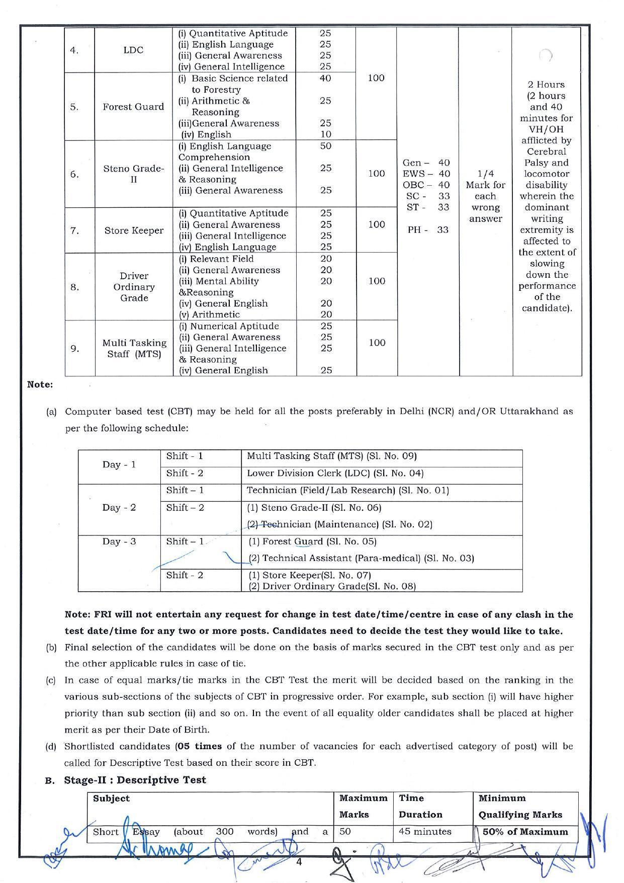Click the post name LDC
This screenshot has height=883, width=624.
[133, 50]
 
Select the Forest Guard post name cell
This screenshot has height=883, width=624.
[133, 107]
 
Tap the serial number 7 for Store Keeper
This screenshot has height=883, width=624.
[74, 230]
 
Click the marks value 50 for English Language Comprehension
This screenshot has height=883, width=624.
[326, 146]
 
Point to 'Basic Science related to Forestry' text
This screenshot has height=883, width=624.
[233, 84]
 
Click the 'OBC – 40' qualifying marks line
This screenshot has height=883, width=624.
[426, 185]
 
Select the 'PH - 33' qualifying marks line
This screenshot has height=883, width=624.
[428, 229]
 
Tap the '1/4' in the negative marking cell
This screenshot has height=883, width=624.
[485, 174]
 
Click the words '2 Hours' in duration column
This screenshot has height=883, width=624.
[546, 85]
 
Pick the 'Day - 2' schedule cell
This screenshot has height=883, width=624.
[119, 507]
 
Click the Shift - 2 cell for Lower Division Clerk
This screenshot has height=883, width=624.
[185, 473]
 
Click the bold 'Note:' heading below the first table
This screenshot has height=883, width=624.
[40, 384]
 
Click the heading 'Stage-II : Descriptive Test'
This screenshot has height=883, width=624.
[135, 780]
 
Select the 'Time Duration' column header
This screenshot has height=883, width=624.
[420, 806]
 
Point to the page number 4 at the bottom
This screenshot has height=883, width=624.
[299, 861]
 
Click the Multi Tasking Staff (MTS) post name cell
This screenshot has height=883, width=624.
[134, 348]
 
